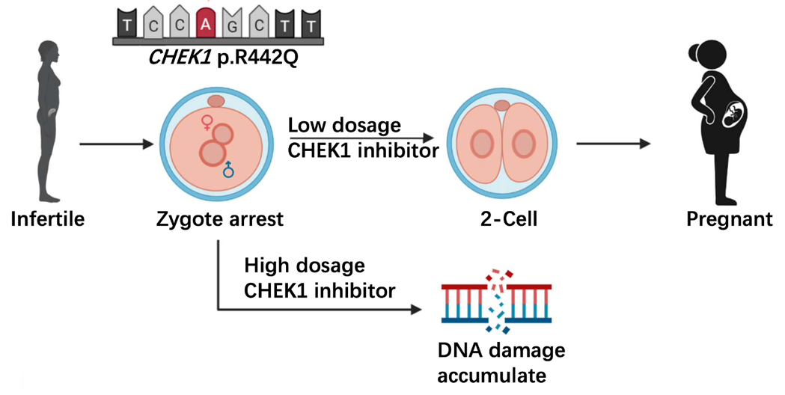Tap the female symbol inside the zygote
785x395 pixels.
[x=207, y=123]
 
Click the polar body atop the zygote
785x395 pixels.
[x=218, y=101]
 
